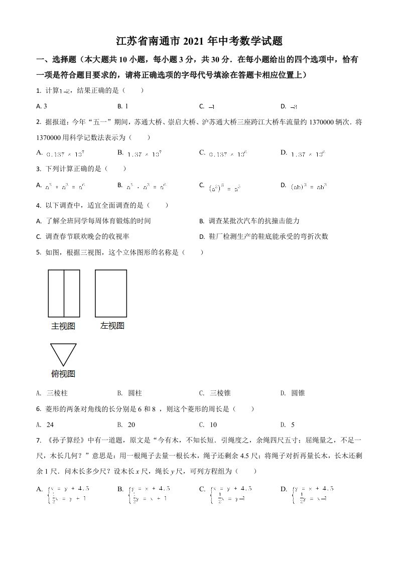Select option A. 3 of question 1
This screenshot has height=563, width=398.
42,106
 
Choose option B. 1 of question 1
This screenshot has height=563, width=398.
123,106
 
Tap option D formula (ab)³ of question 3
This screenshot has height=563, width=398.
308,186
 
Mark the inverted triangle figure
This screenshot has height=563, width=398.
63,354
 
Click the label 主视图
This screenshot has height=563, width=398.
63,326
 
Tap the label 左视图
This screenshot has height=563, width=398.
112,326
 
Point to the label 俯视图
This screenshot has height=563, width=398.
63,374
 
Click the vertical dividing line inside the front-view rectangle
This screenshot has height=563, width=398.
64,294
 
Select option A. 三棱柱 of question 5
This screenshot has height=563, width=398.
54,393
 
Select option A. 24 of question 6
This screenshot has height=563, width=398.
46,425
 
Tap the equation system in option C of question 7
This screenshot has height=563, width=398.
231,494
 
